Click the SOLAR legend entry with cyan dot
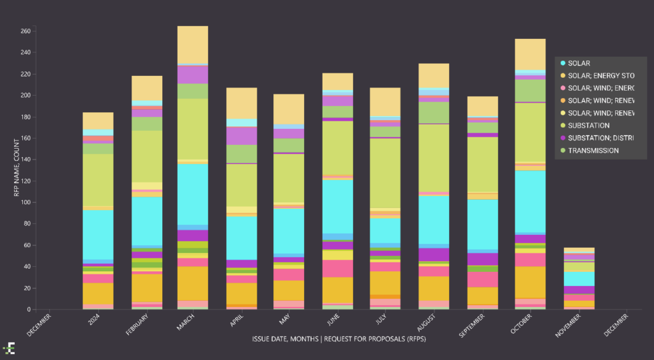click(x=579, y=63)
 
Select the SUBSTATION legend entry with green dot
click(x=588, y=126)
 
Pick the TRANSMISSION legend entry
click(x=593, y=151)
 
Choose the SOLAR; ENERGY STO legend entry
click(x=600, y=76)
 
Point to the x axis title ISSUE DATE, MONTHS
click(x=338, y=340)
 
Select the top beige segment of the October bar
click(x=530, y=54)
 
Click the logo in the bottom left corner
click(x=9, y=348)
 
